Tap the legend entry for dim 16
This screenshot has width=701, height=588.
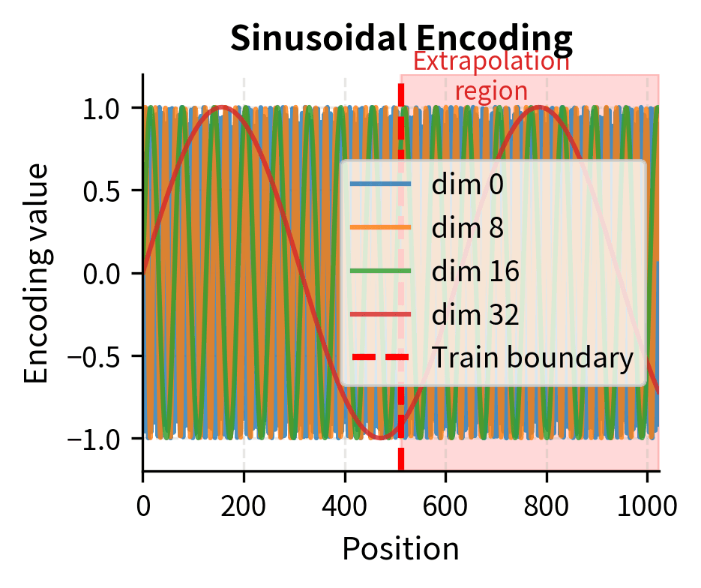(475, 271)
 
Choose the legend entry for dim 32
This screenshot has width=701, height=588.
(475, 315)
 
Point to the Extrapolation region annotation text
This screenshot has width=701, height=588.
(491, 76)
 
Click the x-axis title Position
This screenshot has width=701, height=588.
(400, 549)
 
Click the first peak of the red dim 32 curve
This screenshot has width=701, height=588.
(222, 107)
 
